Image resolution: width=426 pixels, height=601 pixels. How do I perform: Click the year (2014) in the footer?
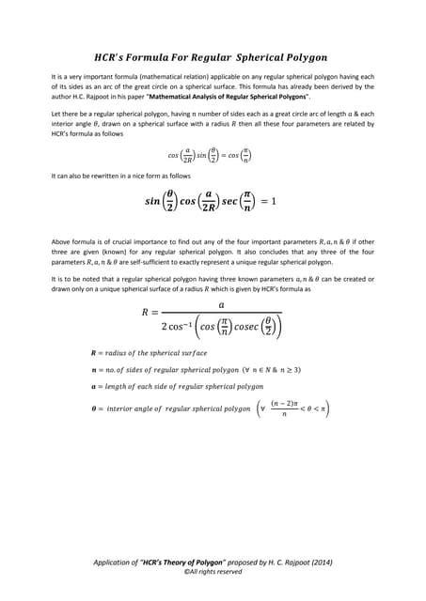pos(320,562)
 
